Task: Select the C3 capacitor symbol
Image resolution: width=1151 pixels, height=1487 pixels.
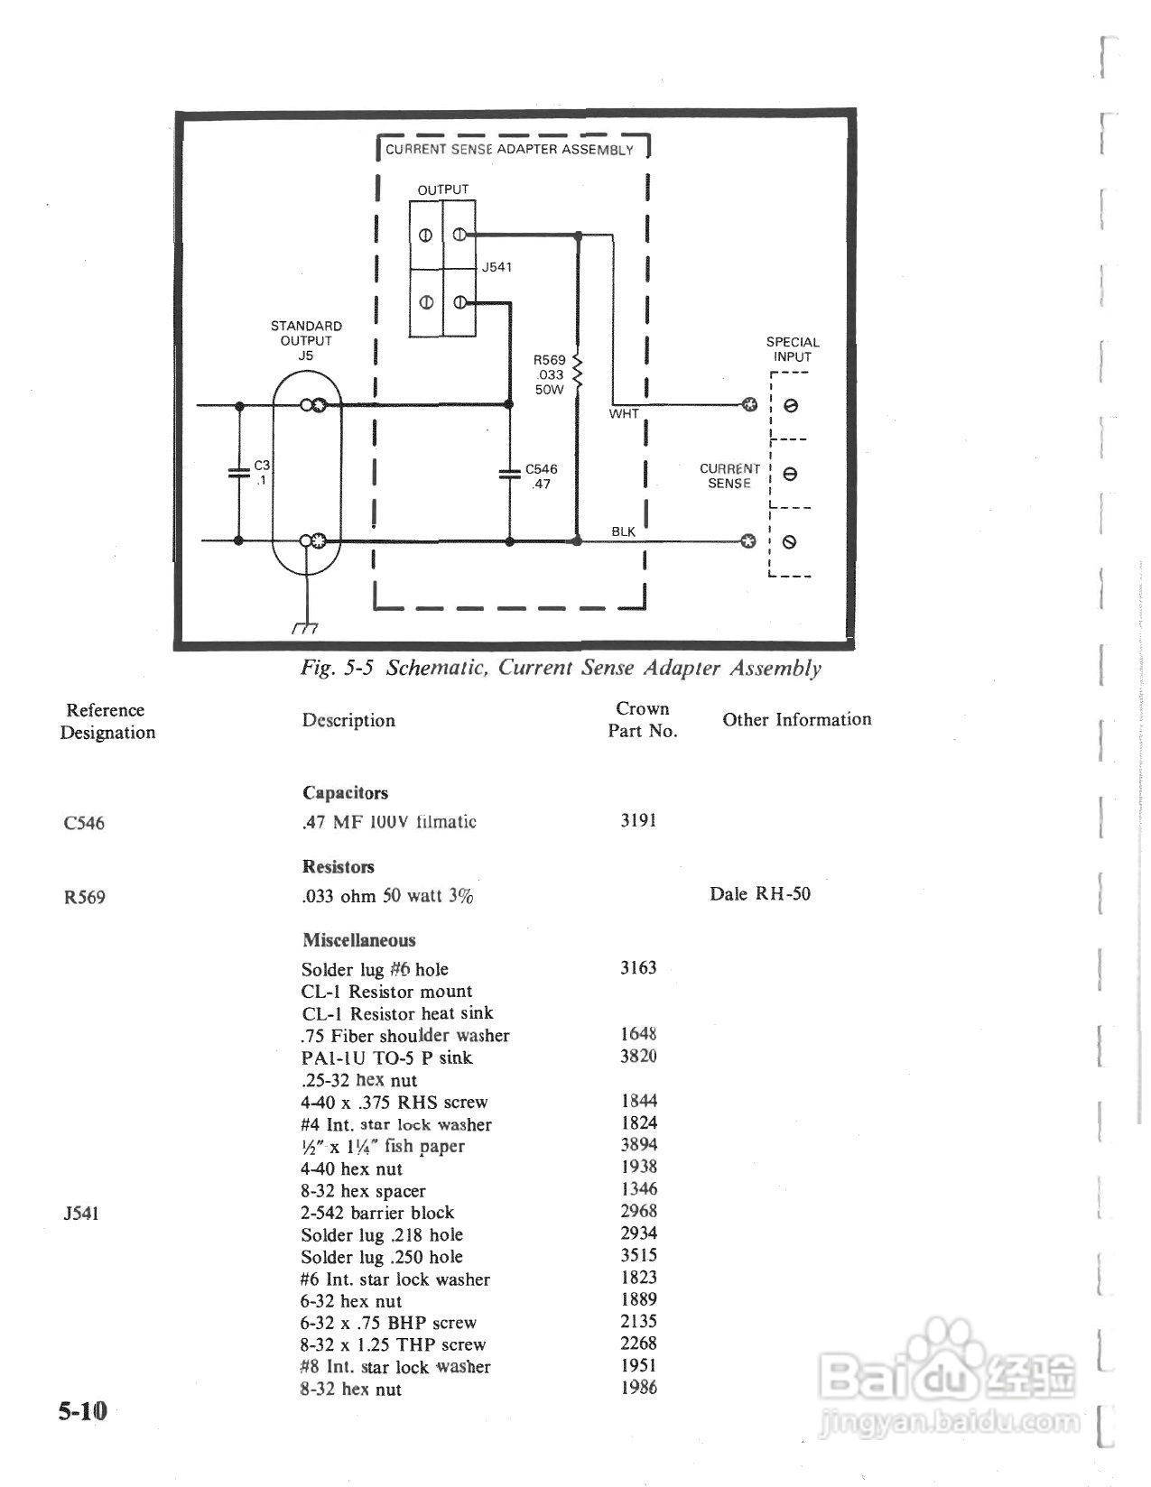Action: (x=239, y=472)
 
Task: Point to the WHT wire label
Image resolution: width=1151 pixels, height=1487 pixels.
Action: (x=624, y=414)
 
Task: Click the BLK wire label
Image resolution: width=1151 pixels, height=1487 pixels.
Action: (x=623, y=531)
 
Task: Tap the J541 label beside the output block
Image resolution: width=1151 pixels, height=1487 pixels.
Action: (x=497, y=267)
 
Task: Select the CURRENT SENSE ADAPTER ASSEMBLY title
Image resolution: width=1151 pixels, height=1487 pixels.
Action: (x=509, y=150)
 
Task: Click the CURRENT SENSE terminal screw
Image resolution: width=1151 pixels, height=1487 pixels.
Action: (x=790, y=474)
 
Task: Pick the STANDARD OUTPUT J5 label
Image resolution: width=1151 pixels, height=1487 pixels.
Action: (x=306, y=340)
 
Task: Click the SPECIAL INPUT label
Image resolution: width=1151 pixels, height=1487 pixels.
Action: (x=792, y=349)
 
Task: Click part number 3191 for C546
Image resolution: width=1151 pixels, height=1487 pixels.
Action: (x=638, y=820)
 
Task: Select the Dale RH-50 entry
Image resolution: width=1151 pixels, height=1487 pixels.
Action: (x=760, y=894)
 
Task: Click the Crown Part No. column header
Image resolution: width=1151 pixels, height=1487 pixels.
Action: (x=642, y=720)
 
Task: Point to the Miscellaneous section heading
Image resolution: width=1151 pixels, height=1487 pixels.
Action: (x=359, y=940)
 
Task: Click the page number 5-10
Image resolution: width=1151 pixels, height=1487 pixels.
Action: (x=82, y=1410)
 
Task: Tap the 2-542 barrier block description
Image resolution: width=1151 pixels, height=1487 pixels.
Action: (x=377, y=1213)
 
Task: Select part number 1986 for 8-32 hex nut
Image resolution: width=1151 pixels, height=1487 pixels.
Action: (x=638, y=1388)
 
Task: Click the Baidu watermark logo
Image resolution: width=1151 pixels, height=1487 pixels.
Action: (x=948, y=1372)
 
